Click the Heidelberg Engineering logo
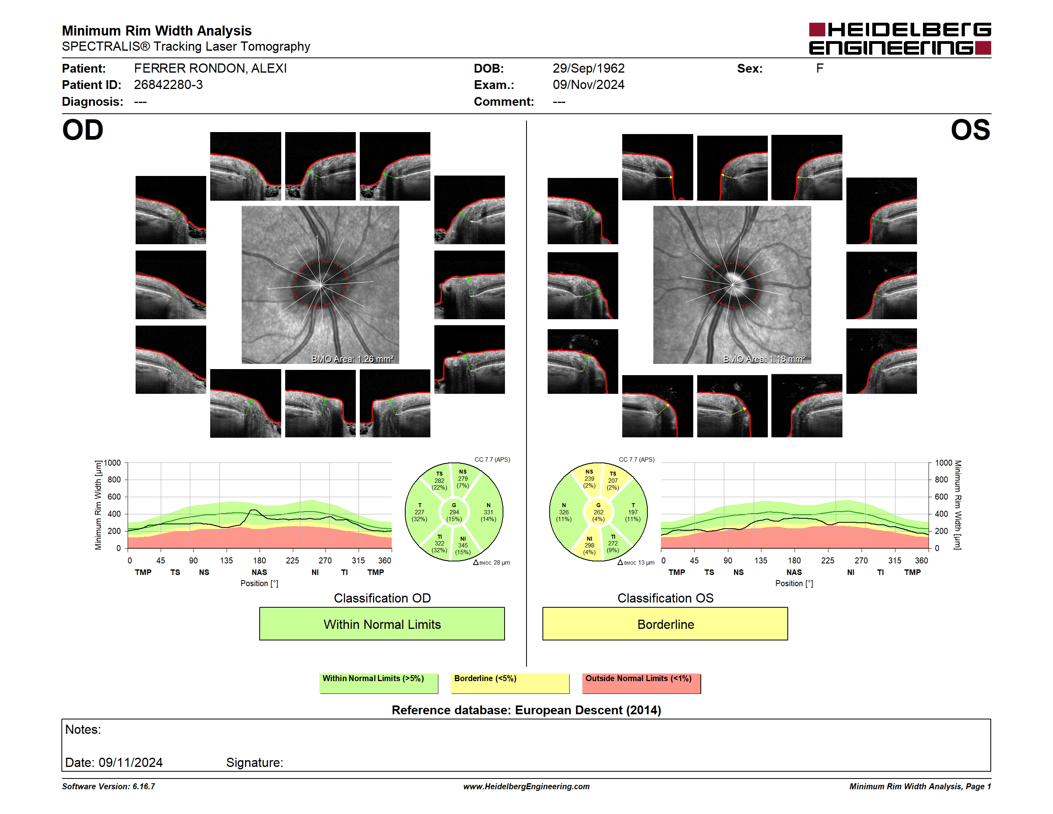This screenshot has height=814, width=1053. [x=900, y=39]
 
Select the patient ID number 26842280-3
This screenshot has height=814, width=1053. [x=168, y=85]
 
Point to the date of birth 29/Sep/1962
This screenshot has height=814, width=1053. [x=588, y=69]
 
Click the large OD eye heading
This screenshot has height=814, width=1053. [x=83, y=130]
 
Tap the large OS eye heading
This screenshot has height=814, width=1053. [x=970, y=130]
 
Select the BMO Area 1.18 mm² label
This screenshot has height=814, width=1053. [x=764, y=359]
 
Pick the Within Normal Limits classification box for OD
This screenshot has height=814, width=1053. [x=382, y=624]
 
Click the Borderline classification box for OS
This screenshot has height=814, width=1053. [x=665, y=624]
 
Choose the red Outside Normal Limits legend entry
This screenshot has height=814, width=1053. [x=641, y=683]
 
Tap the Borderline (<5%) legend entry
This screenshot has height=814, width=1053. [x=510, y=683]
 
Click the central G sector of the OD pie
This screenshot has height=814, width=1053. [x=454, y=512]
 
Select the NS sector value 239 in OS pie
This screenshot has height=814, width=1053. [x=589, y=479]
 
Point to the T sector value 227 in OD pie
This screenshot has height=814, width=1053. [x=420, y=512]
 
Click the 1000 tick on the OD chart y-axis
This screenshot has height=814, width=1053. [x=112, y=463]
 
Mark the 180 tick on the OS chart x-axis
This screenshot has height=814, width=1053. [x=794, y=560]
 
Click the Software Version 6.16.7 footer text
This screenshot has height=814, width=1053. [x=108, y=786]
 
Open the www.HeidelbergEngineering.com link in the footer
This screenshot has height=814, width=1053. [x=526, y=786]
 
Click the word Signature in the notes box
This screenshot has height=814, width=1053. [x=254, y=763]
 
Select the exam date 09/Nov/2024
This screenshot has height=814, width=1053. [x=588, y=85]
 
